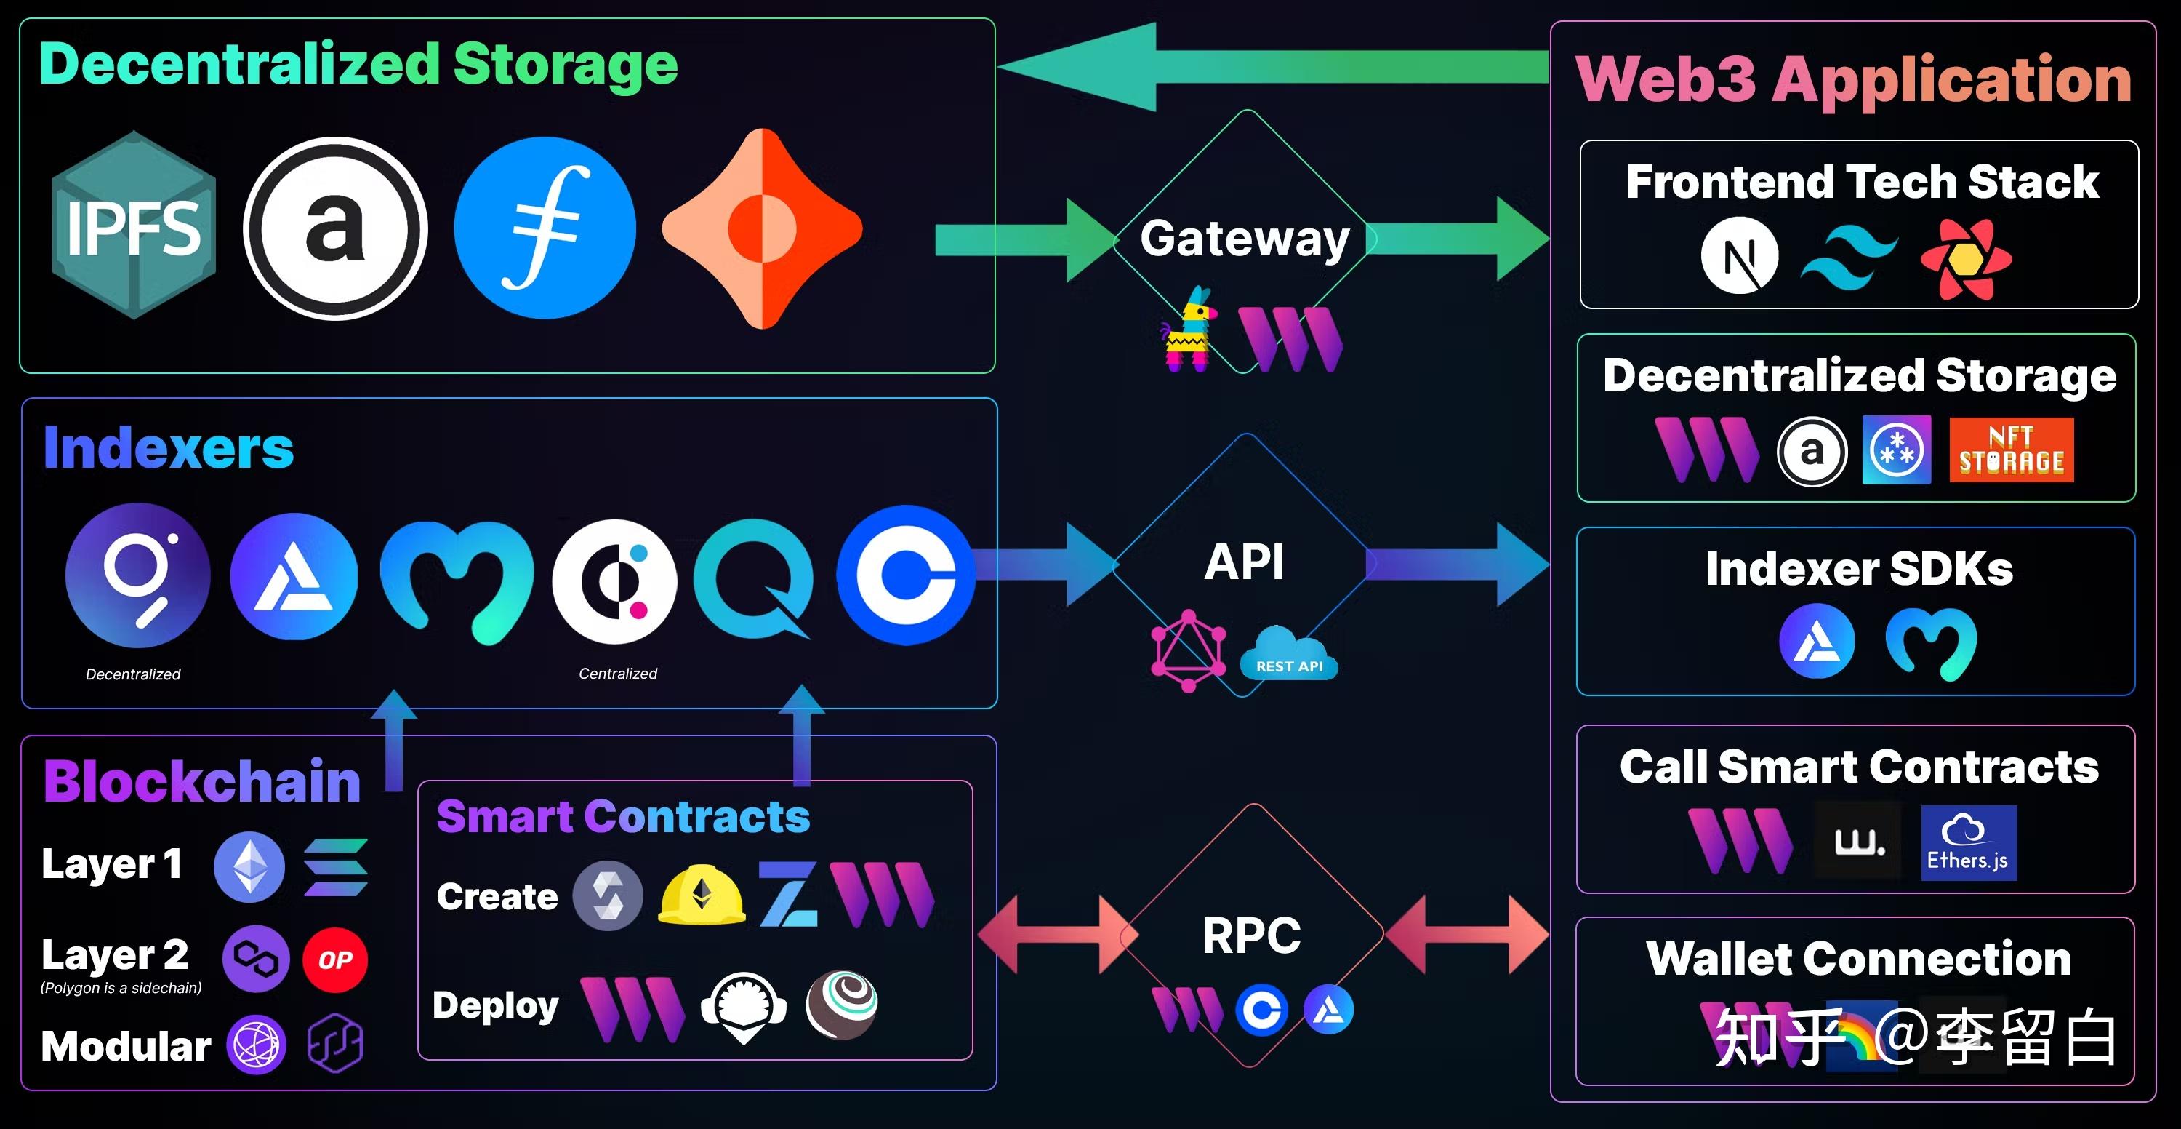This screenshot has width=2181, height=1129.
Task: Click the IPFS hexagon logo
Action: pos(134,226)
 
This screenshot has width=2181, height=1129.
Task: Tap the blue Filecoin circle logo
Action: pos(545,228)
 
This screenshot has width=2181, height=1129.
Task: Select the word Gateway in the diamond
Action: pos(1245,239)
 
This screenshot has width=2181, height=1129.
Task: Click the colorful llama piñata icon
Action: pos(1189,330)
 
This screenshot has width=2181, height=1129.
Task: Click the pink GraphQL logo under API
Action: pos(1189,650)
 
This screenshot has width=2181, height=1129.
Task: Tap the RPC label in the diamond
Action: pos(1251,936)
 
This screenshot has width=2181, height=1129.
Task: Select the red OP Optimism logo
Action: pos(335,960)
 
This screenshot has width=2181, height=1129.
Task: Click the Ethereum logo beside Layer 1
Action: pos(249,866)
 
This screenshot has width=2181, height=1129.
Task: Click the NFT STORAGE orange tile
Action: pos(2012,450)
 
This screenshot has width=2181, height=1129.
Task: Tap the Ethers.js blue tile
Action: pos(1969,842)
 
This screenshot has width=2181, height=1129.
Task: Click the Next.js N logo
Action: pos(1740,255)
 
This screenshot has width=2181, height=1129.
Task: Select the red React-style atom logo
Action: pos(1966,258)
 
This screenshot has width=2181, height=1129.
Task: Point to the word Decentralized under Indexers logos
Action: pos(133,674)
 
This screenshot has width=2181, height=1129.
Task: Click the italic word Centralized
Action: pos(618,674)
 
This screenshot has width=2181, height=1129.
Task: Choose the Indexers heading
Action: pos(169,448)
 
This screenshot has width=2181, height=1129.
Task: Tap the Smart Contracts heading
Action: pos(623,816)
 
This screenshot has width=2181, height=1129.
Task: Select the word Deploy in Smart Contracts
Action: pos(496,1006)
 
